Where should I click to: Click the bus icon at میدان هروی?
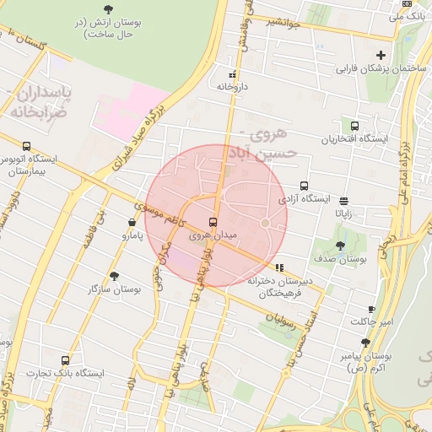[212, 222]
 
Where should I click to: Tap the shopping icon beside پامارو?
[132, 223]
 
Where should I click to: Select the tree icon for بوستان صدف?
[340, 246]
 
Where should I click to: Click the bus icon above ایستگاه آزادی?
[304, 186]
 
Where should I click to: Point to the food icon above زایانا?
[343, 201]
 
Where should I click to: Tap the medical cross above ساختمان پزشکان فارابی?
[381, 55]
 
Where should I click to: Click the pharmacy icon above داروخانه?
[233, 73]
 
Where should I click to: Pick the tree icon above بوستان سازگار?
[114, 276]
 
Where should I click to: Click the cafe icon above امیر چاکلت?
[372, 310]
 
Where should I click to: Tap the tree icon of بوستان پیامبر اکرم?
[364, 343]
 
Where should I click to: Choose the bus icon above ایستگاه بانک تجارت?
[66, 359]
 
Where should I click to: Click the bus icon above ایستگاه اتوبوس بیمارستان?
[28, 146]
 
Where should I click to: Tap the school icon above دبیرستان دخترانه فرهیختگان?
[279, 268]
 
